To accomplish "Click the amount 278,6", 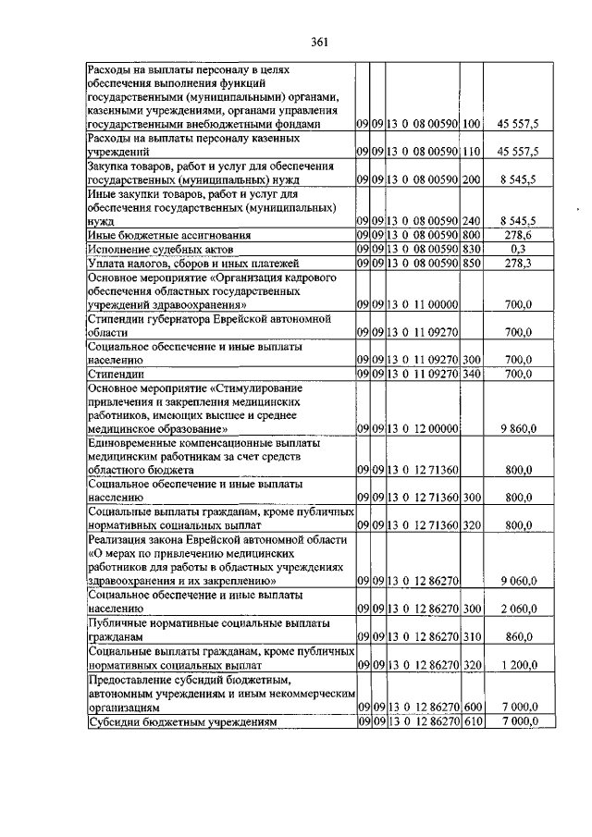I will click(522, 236).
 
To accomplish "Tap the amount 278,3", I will click(522, 264).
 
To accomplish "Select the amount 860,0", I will click(521, 638).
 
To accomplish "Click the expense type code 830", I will click(471, 250).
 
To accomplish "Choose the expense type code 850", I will click(471, 264).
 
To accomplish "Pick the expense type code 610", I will click(473, 720).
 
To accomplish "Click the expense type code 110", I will click(471, 150).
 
